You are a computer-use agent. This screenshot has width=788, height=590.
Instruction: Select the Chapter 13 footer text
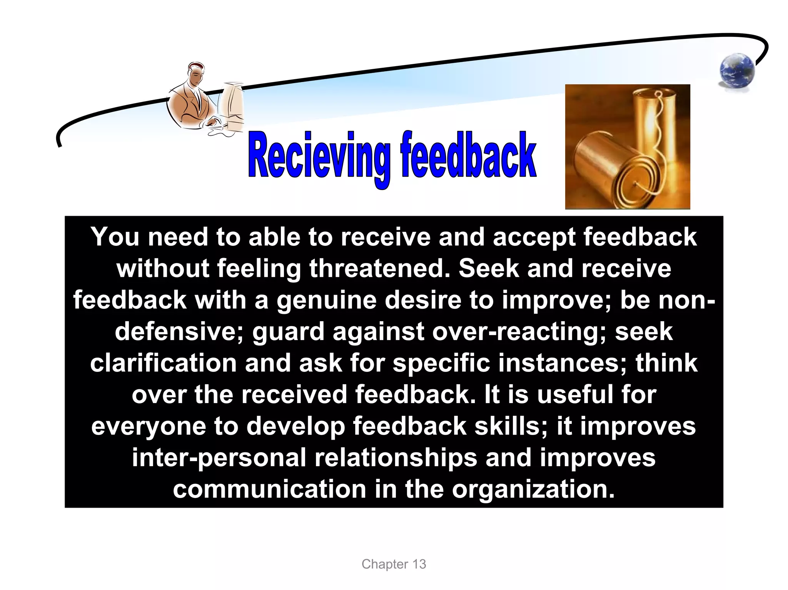(394, 564)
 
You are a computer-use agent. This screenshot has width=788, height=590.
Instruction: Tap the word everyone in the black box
(149, 426)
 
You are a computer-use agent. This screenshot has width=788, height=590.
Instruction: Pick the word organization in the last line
(533, 489)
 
